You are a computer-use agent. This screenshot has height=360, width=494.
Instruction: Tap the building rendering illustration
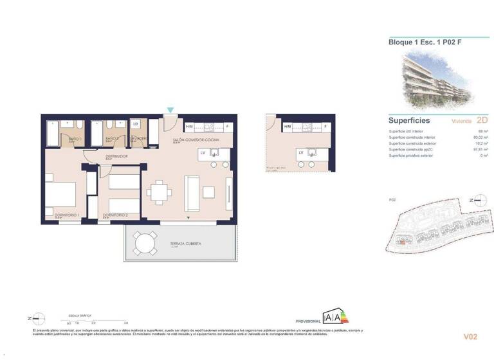coord(437,81)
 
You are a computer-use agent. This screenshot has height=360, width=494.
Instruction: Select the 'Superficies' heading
coord(409,120)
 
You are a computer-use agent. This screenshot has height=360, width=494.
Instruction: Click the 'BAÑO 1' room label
coord(75,139)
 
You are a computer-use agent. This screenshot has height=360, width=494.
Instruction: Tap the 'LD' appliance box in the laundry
coord(136,124)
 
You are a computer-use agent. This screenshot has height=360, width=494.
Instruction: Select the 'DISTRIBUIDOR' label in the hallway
coord(116,156)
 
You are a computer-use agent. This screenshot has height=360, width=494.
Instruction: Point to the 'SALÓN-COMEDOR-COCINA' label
coord(195,139)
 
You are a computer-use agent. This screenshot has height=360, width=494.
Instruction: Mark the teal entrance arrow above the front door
coord(170,111)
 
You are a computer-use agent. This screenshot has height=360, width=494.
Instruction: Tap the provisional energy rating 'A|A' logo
coord(334,316)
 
